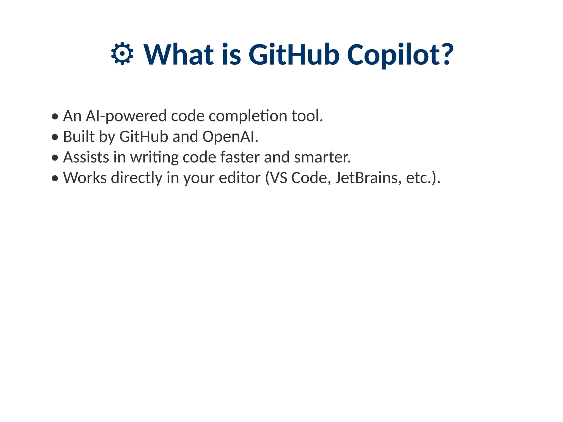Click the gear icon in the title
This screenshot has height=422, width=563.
point(122,54)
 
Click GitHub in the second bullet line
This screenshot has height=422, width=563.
point(143,137)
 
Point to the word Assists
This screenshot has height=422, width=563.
point(86,157)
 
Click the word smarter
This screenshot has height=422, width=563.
point(322,157)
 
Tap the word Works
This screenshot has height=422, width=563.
point(85,178)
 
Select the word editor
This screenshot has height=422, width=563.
point(239,178)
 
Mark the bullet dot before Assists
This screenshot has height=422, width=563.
point(55,158)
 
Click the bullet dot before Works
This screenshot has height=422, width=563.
point(55,178)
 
